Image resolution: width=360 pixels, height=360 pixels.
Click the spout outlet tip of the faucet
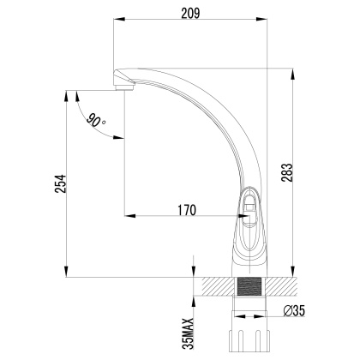123,87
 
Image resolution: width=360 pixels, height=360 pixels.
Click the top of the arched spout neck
171,74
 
